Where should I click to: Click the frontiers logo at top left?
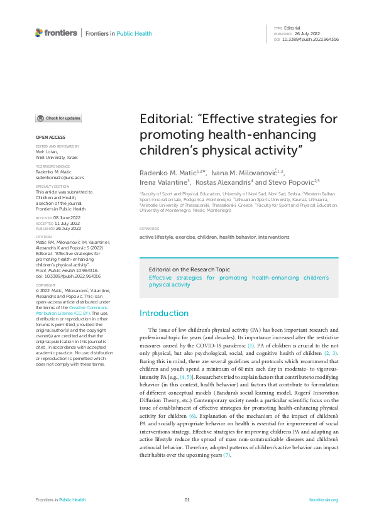pyautogui.click(x=56, y=33)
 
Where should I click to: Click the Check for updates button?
pyautogui.click(x=58, y=118)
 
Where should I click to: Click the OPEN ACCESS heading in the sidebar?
pyautogui.click(x=50, y=136)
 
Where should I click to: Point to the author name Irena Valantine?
pyautogui.click(x=164, y=182)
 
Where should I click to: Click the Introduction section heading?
pyautogui.click(x=163, y=313)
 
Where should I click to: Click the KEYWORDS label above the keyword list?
pyautogui.click(x=149, y=229)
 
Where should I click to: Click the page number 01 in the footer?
pyautogui.click(x=187, y=499)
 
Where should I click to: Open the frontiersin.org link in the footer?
pyautogui.click(x=324, y=499)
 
